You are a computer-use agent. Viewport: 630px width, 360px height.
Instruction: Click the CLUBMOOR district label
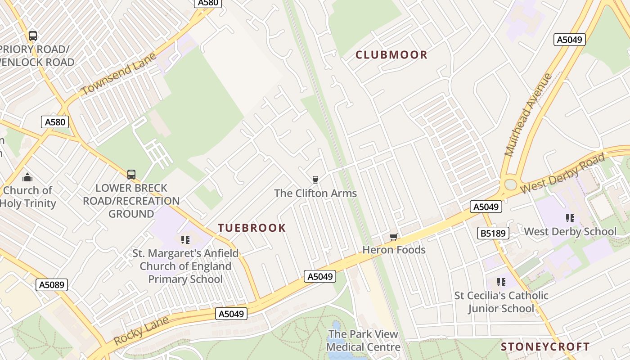391,55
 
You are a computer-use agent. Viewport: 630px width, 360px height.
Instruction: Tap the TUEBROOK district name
252,228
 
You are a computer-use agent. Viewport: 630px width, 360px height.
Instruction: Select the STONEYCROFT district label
545,346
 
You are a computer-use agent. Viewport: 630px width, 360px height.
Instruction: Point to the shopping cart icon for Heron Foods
393,237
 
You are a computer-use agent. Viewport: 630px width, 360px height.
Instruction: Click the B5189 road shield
493,233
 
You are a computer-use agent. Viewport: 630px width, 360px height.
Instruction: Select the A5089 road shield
52,284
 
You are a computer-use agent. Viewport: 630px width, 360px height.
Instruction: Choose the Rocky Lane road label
141,331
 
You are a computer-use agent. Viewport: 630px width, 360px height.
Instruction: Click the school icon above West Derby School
570,218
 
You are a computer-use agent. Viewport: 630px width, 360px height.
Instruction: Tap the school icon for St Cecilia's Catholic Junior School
501,282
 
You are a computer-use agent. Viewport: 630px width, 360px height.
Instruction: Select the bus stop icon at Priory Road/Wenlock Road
32,36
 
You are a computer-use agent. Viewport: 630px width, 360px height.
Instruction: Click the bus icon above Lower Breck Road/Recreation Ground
131,174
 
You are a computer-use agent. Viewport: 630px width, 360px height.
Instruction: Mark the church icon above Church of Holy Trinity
27,177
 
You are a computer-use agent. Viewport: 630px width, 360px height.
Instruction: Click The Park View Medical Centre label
363,341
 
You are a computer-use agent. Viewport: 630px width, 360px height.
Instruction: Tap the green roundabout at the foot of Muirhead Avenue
510,184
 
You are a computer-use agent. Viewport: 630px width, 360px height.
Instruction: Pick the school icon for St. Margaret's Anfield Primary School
185,240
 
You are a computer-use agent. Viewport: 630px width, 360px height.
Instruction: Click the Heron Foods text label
394,250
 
